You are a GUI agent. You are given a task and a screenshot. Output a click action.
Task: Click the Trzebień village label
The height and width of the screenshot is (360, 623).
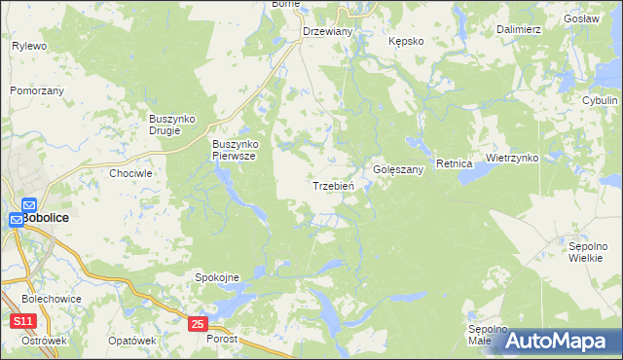click(x=339, y=185)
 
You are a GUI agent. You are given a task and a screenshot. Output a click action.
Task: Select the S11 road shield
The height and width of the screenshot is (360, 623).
click(x=23, y=320)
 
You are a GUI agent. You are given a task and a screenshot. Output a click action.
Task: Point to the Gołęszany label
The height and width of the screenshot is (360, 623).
click(x=399, y=169)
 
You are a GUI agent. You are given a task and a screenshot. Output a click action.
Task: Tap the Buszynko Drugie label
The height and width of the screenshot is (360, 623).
click(x=172, y=125)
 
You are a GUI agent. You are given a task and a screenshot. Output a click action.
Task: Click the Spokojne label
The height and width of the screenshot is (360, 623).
click(x=218, y=277)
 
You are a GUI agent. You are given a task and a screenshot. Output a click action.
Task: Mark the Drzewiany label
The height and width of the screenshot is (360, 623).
click(x=328, y=31)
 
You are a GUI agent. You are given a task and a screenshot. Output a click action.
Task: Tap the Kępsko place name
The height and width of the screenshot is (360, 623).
click(x=406, y=42)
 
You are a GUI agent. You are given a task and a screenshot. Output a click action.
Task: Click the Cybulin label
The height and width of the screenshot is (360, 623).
click(x=600, y=100)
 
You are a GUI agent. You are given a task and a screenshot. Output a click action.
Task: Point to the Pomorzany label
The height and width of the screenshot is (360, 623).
click(x=37, y=90)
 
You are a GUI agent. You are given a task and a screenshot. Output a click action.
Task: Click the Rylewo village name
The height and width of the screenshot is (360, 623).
click(x=29, y=46)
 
